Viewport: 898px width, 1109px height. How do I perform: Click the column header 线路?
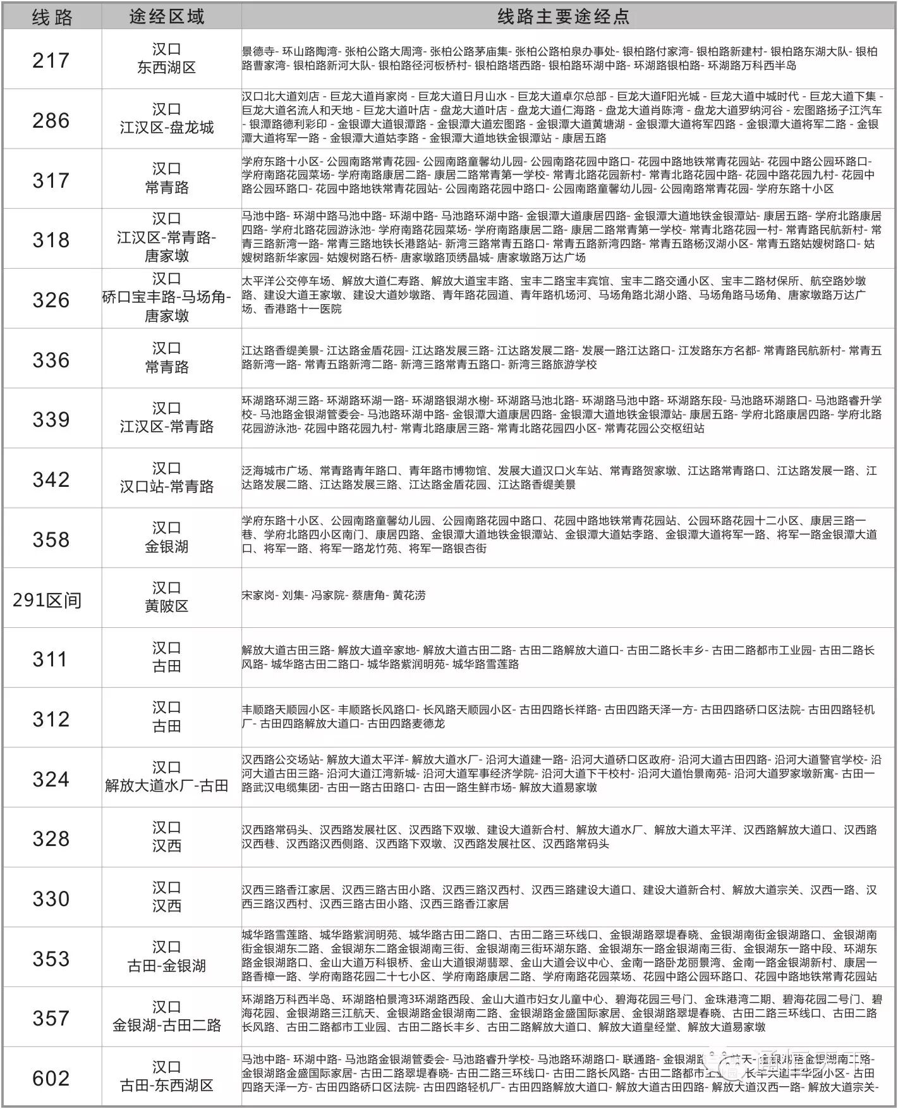[52, 17]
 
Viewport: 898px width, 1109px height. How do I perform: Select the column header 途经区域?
[167, 17]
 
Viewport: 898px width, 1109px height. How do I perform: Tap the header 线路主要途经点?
[563, 17]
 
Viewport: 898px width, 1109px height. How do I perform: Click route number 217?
[51, 61]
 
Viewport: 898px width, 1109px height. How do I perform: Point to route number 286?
[51, 120]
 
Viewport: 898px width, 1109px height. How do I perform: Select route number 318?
[51, 240]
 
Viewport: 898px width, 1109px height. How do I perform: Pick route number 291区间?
[47, 599]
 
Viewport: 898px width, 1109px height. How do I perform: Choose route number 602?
[51, 1078]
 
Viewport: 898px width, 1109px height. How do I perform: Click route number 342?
[51, 479]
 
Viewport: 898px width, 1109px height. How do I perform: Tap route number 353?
[51, 959]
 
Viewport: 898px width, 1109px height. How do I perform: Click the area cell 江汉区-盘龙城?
[167, 128]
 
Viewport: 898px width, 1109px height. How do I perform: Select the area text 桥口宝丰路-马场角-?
[167, 297]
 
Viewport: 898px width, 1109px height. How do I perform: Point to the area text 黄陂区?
[167, 606]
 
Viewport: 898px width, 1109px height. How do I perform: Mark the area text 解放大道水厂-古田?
[167, 786]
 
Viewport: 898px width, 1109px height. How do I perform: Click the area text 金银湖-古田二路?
[167, 1025]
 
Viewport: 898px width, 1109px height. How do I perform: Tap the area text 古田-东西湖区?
[167, 1085]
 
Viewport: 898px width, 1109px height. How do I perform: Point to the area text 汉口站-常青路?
[167, 487]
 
